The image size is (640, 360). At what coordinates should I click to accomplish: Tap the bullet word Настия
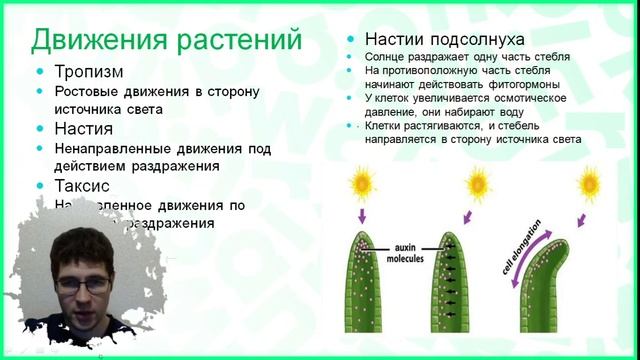pos(83,129)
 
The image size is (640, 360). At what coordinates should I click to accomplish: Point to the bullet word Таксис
pos(84,185)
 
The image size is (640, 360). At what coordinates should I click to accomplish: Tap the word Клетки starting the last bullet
pos(388,128)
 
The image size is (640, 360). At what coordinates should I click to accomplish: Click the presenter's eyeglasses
pos(83,284)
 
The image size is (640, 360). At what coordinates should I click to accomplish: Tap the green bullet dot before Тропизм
pos(39,74)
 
